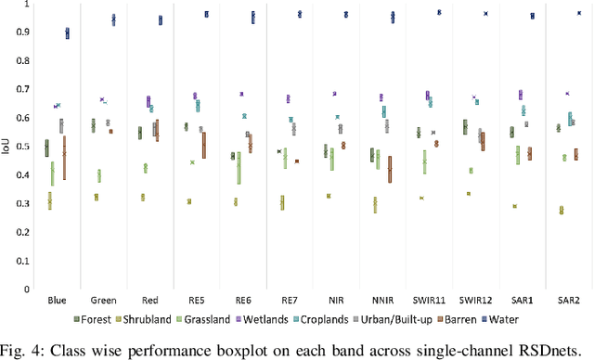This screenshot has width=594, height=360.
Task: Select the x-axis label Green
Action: click(104, 301)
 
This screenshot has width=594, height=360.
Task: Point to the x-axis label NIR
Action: click(337, 301)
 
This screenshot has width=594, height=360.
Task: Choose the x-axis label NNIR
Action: click(383, 301)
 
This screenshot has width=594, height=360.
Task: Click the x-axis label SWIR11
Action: click(430, 301)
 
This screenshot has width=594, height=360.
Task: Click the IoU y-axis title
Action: click(7, 147)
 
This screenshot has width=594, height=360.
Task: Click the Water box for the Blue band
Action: click(67, 33)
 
